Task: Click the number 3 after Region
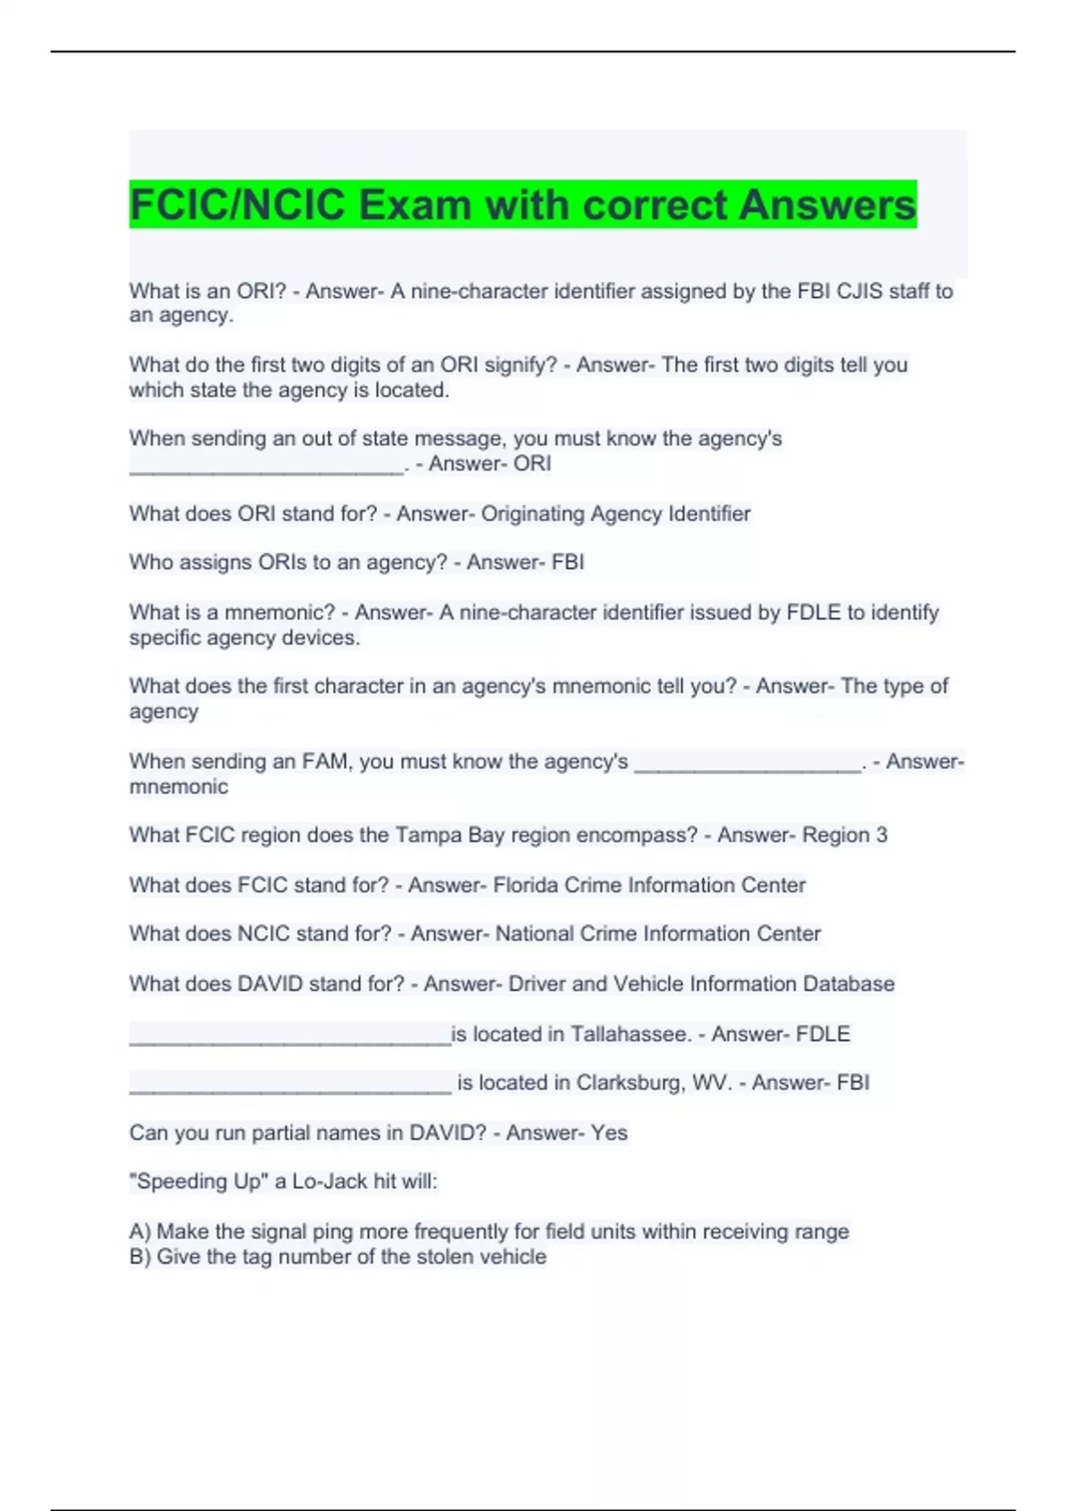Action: pyautogui.click(x=881, y=835)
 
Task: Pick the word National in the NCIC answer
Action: pyautogui.click(x=533, y=934)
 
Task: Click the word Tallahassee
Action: pyautogui.click(x=630, y=1035)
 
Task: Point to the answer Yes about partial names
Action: pyautogui.click(x=609, y=1132)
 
